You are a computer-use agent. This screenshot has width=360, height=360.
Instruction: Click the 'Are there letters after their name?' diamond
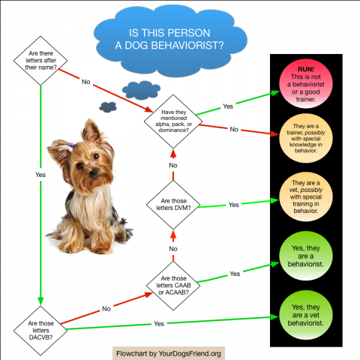point(40,61)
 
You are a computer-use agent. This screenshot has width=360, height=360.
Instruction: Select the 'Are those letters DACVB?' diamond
point(40,331)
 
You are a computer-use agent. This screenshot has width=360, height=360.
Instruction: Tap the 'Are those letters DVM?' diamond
point(173,205)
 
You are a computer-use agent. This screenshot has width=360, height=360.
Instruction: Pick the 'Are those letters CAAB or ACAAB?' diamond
point(173,286)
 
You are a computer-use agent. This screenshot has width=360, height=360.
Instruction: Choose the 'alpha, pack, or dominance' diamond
point(173,121)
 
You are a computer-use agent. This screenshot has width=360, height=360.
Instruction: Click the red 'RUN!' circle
point(306,83)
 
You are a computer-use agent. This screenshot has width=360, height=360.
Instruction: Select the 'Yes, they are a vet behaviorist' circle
point(306,315)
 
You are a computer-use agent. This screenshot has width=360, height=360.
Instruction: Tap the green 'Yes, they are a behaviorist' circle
point(306,256)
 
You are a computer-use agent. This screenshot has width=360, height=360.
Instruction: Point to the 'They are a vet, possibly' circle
point(306,197)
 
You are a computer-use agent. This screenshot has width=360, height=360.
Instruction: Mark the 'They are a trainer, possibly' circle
point(306,138)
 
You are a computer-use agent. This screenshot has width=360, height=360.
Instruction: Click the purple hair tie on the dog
point(71,145)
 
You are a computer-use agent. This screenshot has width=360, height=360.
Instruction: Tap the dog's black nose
point(94,172)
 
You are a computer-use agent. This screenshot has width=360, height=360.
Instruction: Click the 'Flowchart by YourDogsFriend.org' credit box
point(169,353)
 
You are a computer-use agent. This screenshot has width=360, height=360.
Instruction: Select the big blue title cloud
point(170,41)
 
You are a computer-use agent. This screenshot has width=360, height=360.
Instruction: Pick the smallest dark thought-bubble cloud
point(108,107)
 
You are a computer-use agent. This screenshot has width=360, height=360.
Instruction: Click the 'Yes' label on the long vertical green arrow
point(40,175)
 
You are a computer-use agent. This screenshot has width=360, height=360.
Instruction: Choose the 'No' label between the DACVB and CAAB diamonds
point(106,309)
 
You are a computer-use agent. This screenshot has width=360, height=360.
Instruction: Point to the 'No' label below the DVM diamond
point(173,248)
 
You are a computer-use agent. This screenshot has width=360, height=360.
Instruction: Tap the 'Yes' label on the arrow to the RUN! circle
point(228,106)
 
